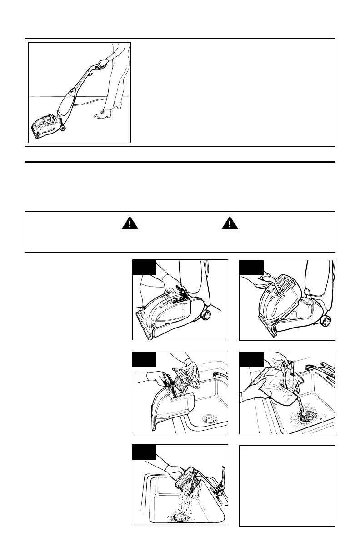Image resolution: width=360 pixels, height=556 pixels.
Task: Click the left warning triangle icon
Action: coord(130,223)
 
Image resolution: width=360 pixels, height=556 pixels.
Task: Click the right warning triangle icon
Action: coord(229,223)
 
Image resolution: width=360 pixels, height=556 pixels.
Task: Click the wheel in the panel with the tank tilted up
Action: coord(325,321)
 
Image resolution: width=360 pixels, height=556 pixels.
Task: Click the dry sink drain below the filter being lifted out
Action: coord(210,418)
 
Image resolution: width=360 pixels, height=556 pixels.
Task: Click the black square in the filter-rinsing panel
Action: coord(144,452)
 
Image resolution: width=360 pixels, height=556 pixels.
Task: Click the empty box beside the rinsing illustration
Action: coord(287,486)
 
